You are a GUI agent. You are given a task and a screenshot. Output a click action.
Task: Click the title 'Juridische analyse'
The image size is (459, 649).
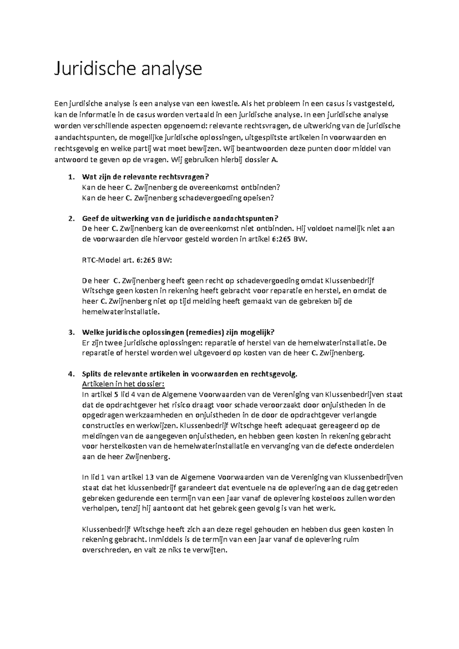[x=128, y=69]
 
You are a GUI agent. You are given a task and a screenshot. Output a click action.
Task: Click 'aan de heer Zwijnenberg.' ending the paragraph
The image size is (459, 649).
[x=125, y=457]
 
